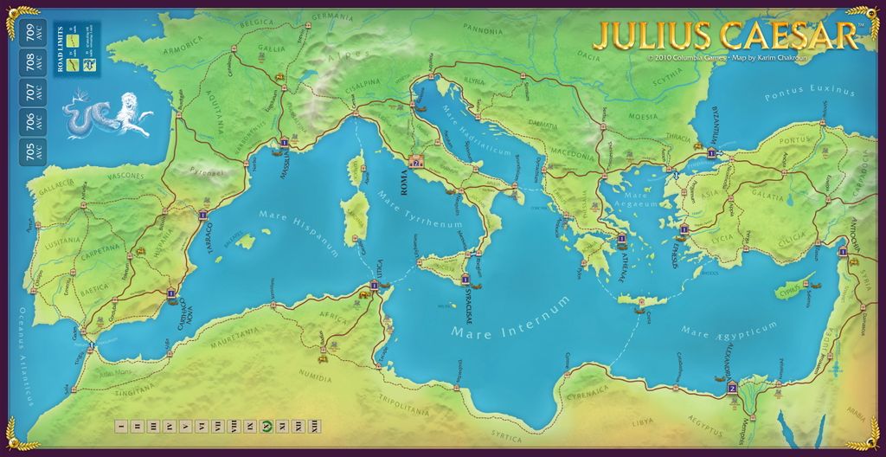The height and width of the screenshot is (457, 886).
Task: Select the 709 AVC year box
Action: pyautogui.click(x=29, y=34)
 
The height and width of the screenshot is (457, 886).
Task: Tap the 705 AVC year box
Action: pyautogui.click(x=29, y=152)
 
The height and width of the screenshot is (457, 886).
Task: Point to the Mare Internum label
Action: pyautogui.click(x=510, y=321)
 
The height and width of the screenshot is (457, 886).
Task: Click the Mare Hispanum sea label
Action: pyautogui.click(x=295, y=233)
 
